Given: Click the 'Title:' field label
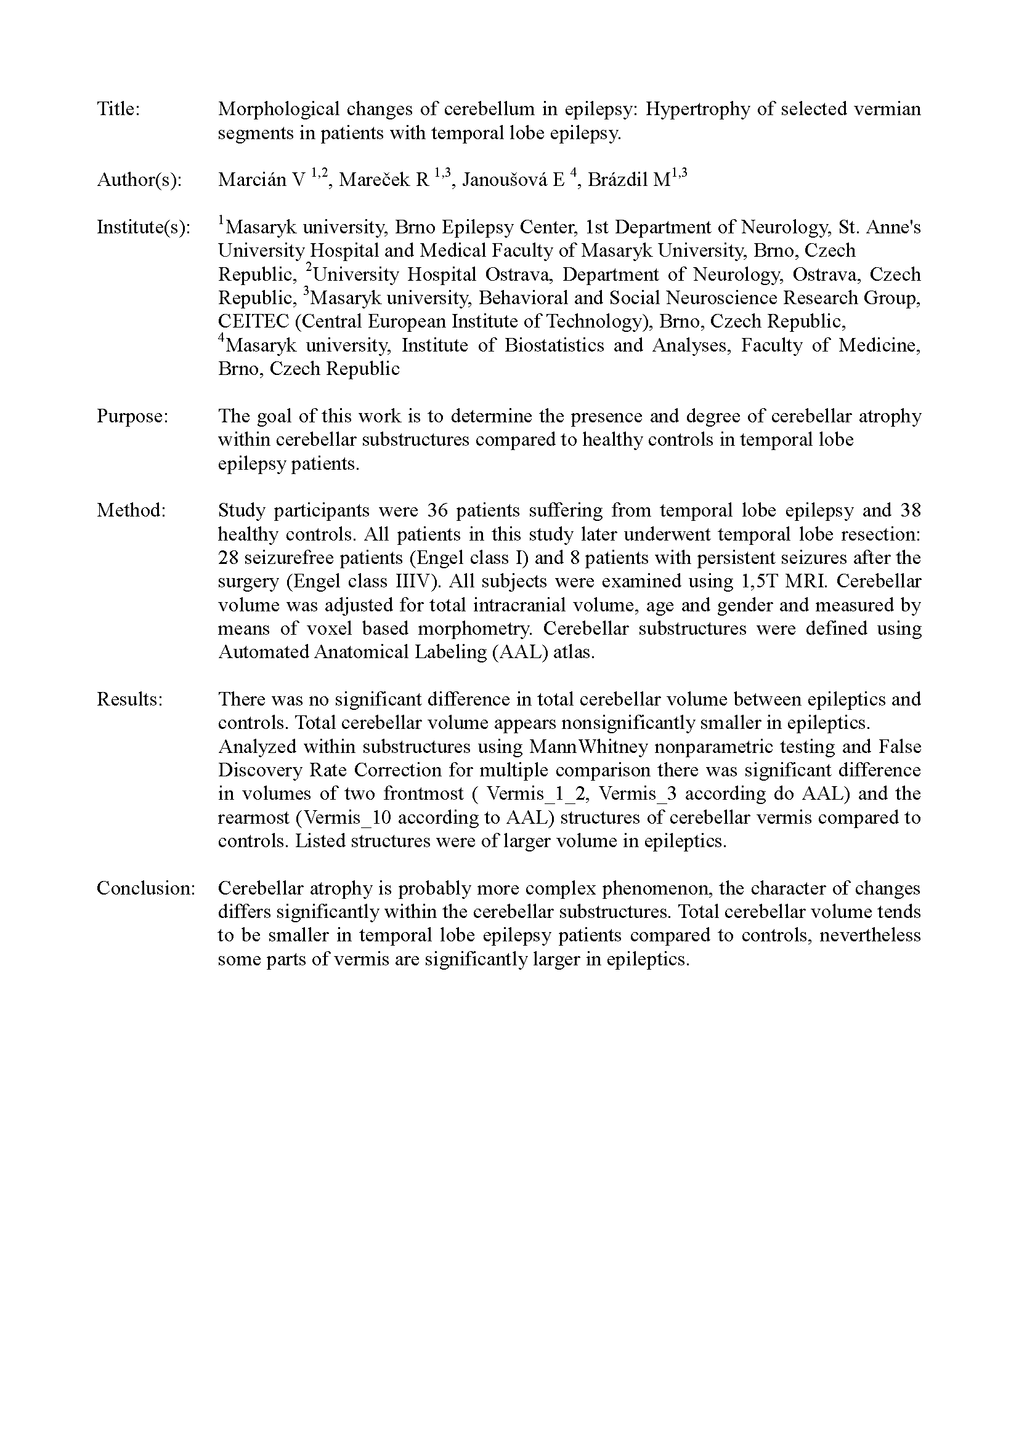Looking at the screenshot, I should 118,109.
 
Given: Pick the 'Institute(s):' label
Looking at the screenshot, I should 143,227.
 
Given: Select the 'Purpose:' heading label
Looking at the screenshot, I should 132,416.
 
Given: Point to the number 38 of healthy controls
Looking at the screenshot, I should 910,510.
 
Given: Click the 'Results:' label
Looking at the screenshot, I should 130,699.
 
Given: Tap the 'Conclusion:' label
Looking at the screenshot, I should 146,888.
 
